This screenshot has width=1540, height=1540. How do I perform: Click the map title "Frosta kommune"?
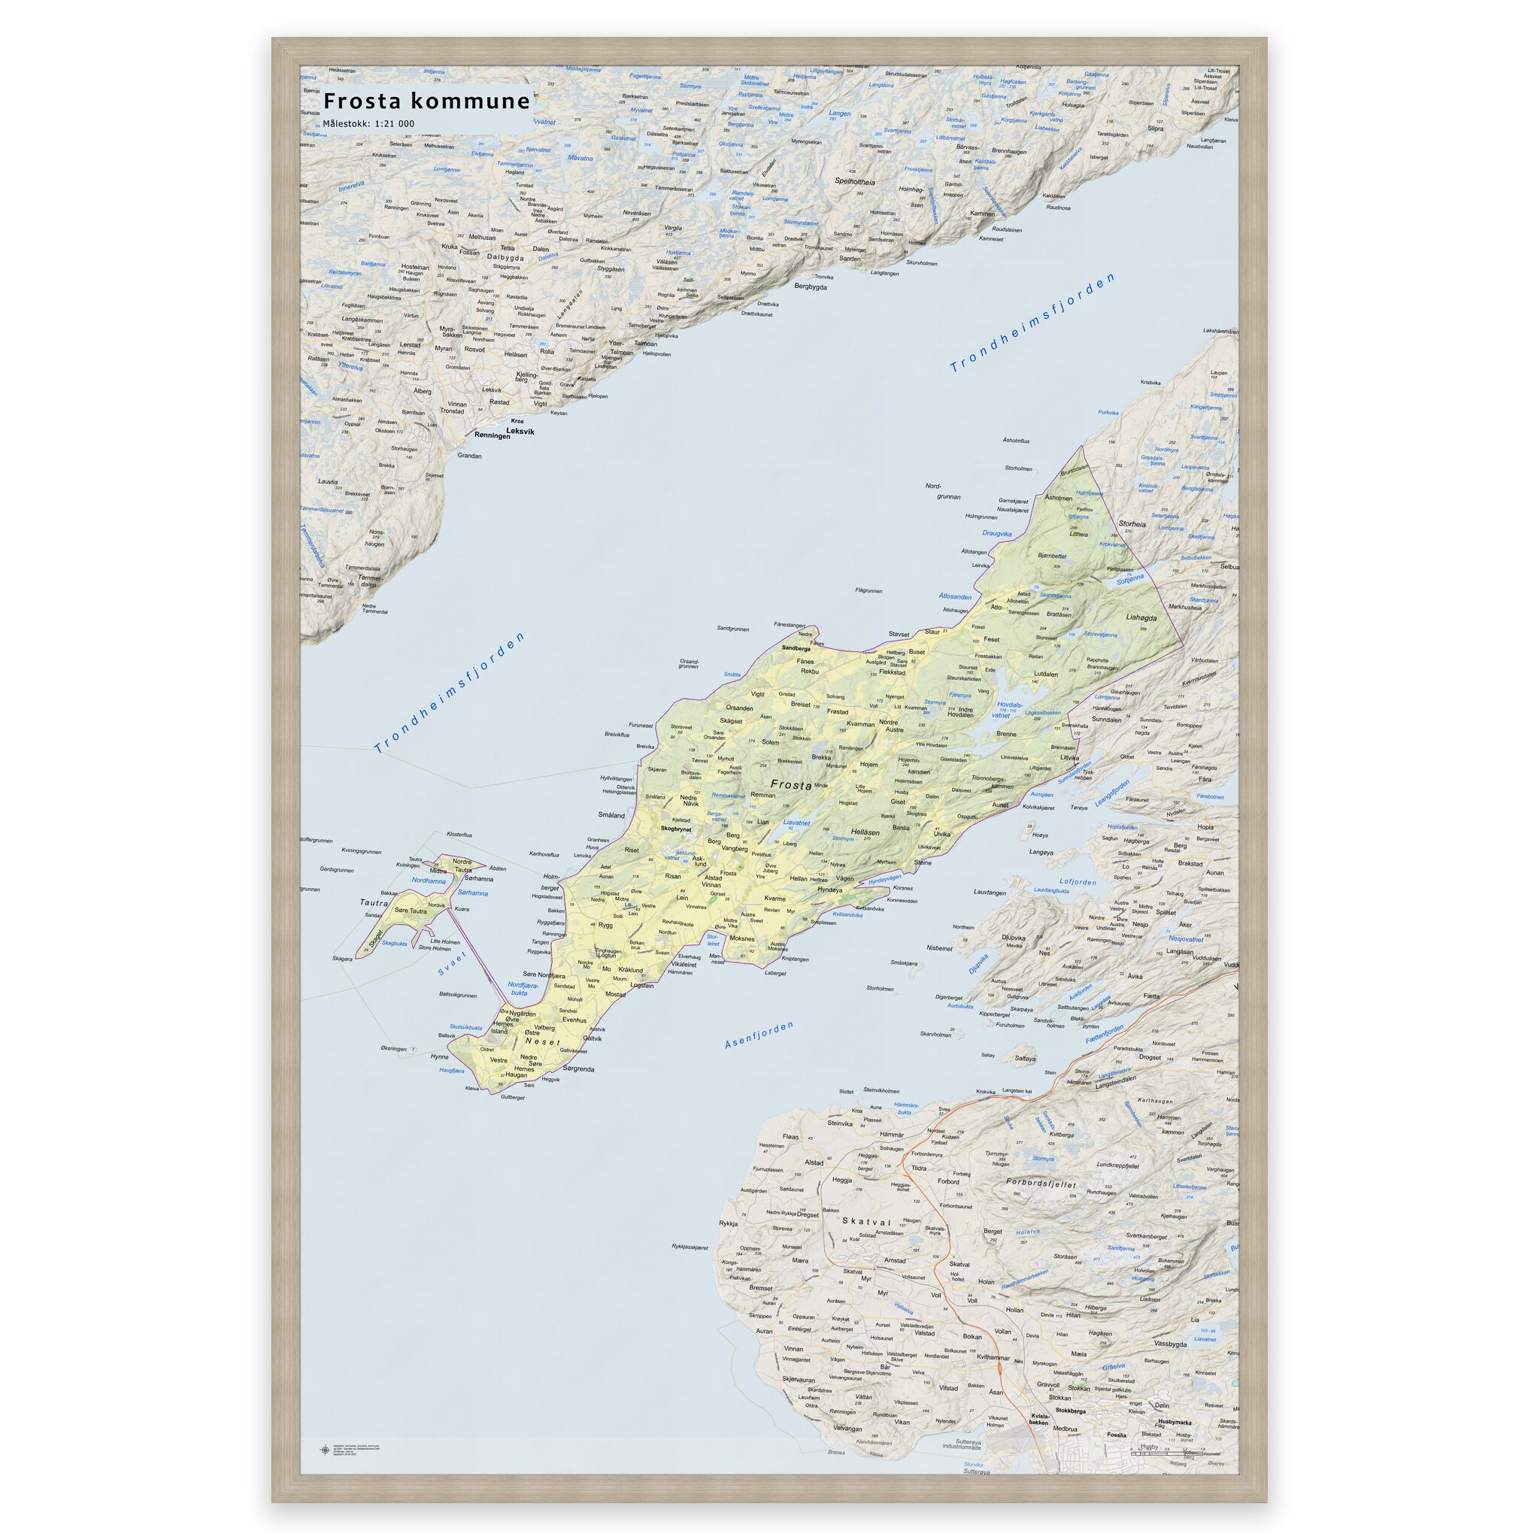tap(426, 102)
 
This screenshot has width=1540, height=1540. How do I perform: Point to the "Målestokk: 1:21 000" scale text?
tap(368, 123)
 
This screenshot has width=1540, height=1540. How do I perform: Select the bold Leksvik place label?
tap(520, 431)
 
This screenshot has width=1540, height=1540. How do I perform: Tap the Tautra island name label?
tap(373, 903)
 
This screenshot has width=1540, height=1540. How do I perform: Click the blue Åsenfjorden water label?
tap(759, 1034)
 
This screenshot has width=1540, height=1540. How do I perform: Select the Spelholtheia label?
tap(853, 182)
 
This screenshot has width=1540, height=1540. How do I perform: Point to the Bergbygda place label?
tap(811, 286)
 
